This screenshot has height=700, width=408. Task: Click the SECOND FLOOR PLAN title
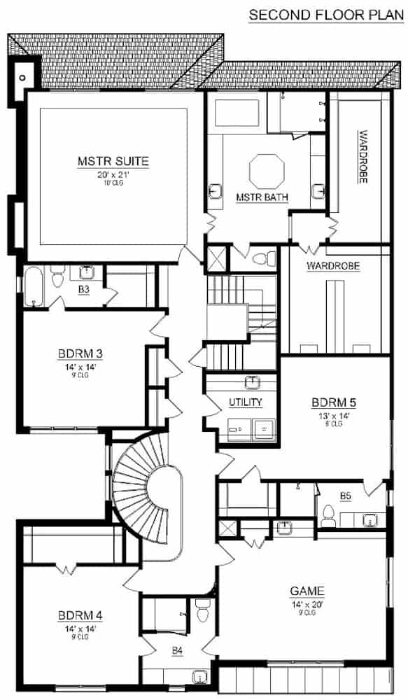click(x=328, y=14)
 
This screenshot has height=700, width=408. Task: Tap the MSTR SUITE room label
click(x=113, y=161)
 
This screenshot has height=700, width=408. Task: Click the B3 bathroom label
click(x=84, y=288)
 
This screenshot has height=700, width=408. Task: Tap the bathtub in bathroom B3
click(x=34, y=287)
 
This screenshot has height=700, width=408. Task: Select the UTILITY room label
click(x=245, y=402)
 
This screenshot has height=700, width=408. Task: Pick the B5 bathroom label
click(x=345, y=496)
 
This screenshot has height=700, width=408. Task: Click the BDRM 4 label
click(x=81, y=615)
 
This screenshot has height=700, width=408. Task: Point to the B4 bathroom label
click(x=178, y=651)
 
